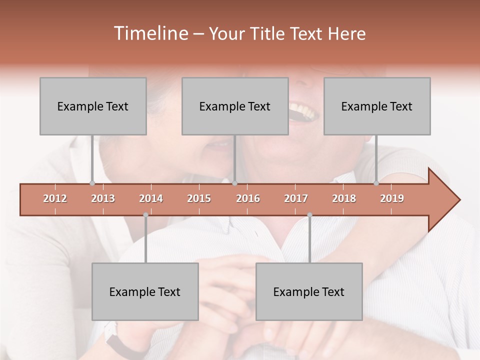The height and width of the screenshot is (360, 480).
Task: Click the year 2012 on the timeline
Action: [x=55, y=198]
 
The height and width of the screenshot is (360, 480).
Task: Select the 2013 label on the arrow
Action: [x=103, y=198]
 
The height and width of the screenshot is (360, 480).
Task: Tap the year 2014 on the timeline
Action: [x=151, y=198]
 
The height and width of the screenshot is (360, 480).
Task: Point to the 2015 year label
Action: [x=199, y=198]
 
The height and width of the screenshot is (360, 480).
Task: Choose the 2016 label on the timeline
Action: [x=248, y=198]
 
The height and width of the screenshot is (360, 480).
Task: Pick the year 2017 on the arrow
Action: [x=296, y=198]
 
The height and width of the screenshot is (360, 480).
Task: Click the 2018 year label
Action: [x=344, y=198]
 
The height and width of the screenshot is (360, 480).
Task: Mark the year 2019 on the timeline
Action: [x=392, y=198]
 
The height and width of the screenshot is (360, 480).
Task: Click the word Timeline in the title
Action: [x=150, y=33]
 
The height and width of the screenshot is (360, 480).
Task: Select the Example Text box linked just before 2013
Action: [x=93, y=106]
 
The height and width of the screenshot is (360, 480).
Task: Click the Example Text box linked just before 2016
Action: [x=235, y=106]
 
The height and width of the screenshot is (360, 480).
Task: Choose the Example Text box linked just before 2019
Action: [x=377, y=106]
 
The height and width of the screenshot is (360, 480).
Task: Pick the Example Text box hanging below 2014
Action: [x=145, y=291]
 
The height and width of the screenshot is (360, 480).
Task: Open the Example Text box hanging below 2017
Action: [x=309, y=291]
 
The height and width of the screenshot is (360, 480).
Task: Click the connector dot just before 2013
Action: [x=92, y=183]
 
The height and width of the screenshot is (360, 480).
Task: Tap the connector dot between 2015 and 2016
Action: [x=234, y=183]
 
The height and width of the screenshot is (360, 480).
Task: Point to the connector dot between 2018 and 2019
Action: [x=376, y=183]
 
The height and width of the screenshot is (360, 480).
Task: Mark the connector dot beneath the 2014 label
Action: [x=145, y=215]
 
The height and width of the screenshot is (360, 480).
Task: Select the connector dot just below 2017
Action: [x=309, y=215]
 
